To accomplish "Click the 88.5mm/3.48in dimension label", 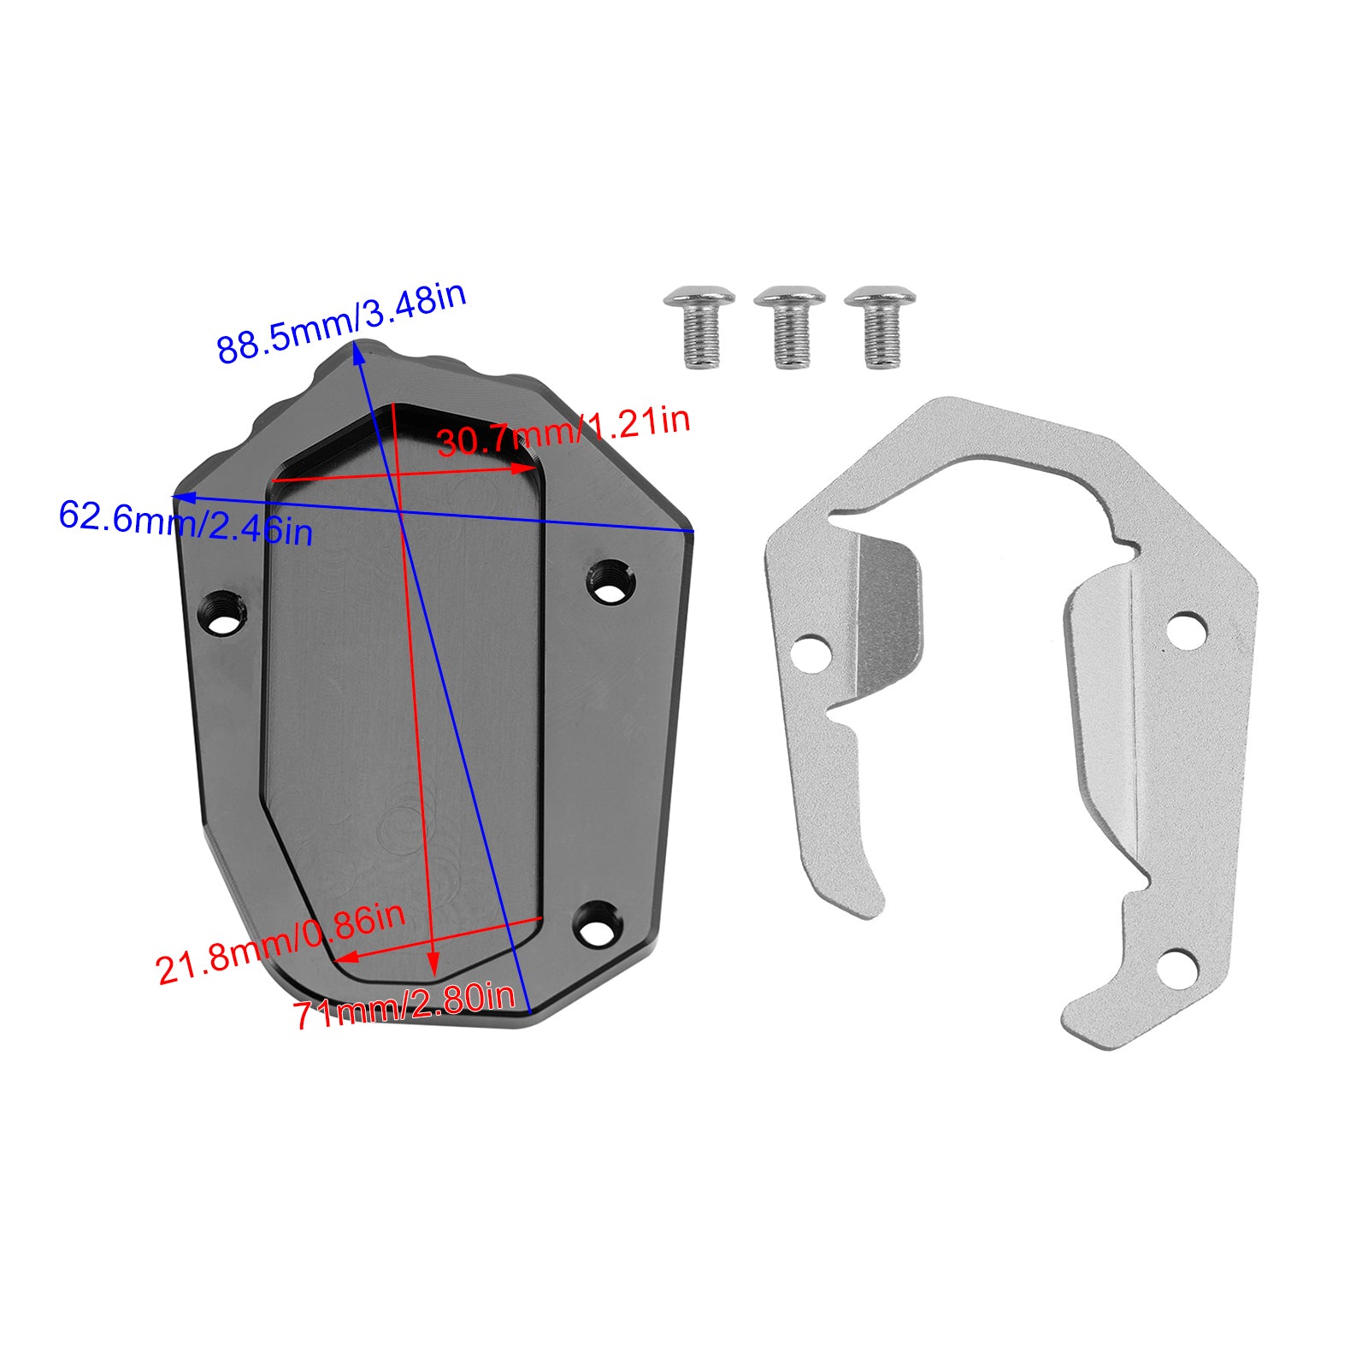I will (x=340, y=324).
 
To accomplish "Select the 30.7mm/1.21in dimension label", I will (x=563, y=432).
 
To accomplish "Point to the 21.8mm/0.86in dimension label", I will (x=280, y=943).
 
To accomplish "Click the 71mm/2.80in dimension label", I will (x=404, y=1007).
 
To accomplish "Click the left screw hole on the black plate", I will (x=224, y=612).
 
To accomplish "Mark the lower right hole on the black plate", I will (x=597, y=923).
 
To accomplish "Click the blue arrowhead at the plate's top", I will (x=358, y=353).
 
